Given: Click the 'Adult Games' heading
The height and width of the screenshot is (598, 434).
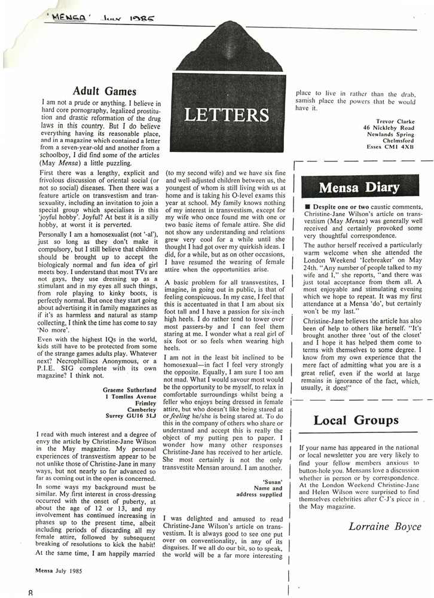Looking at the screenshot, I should click(x=105, y=91).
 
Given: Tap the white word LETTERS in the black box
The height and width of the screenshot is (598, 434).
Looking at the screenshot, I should click(x=227, y=114).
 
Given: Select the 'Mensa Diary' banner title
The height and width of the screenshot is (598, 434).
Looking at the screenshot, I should click(x=359, y=188).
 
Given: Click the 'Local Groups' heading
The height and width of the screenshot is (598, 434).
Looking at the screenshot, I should click(x=356, y=420).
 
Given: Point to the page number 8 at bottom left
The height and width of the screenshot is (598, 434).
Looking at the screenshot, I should click(x=30, y=592).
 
